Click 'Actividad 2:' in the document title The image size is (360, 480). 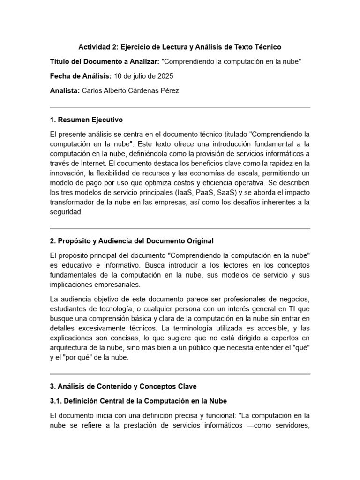(x=98, y=47)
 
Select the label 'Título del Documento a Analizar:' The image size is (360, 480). (x=104, y=61)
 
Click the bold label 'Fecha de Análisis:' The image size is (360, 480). (x=80, y=76)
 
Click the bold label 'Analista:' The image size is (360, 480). (x=64, y=90)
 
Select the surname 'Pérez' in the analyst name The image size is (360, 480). (x=166, y=90)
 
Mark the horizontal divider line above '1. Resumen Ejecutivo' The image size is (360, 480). (x=180, y=107)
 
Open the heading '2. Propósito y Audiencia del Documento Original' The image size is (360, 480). (x=131, y=241)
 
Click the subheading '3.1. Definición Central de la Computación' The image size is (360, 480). (x=138, y=401)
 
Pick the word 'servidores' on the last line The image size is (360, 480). (x=290, y=425)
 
